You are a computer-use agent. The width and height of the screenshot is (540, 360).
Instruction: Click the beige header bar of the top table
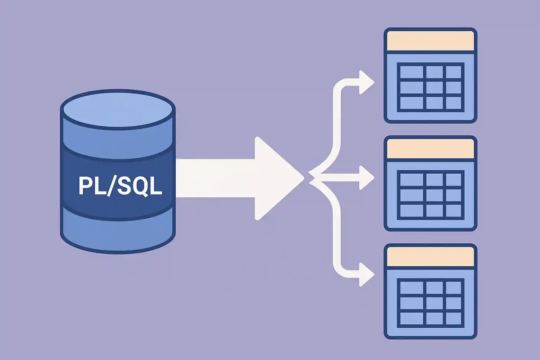430,41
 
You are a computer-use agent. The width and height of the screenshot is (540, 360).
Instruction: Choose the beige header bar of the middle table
430,149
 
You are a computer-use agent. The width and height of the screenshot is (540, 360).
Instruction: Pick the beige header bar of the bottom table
430,257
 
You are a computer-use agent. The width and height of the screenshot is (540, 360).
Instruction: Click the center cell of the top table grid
435,88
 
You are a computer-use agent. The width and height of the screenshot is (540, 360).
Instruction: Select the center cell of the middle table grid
435,195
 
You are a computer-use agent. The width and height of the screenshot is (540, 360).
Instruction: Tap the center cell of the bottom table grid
435,303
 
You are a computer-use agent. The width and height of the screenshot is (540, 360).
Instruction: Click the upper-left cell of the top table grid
412,72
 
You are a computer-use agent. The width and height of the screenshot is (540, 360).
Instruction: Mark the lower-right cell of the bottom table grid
454,319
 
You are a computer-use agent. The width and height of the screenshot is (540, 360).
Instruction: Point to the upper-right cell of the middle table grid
454,180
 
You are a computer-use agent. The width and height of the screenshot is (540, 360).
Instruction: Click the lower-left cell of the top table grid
412,103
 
